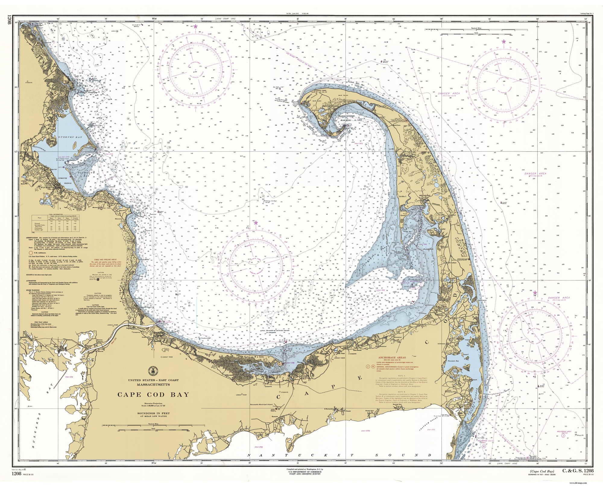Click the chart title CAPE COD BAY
(x=153, y=394)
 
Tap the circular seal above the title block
(x=153, y=371)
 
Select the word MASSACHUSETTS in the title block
(x=153, y=385)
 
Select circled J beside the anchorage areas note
(x=368, y=366)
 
